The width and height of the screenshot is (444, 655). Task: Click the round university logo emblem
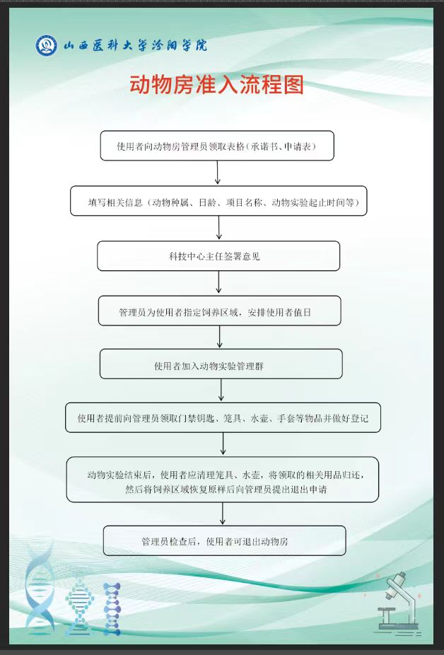(x=47, y=46)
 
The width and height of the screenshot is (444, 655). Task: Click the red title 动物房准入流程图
(x=216, y=86)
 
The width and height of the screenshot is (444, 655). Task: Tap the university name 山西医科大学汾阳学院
(x=136, y=46)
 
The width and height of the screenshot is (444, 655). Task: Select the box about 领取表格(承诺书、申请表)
(x=216, y=146)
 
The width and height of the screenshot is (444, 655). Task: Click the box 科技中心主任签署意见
(x=218, y=256)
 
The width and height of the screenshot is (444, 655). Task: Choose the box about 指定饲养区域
(x=219, y=311)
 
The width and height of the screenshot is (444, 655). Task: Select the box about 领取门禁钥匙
(x=223, y=418)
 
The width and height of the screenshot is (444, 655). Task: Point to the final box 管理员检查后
(x=224, y=541)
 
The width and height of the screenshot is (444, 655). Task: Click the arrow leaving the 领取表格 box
(x=217, y=173)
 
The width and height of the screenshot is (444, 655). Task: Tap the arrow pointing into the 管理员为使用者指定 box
(x=219, y=283)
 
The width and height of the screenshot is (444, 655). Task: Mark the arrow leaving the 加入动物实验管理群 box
(x=221, y=390)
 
